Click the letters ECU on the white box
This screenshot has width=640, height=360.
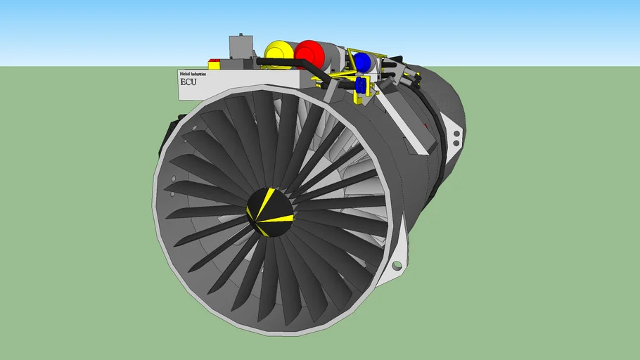189,82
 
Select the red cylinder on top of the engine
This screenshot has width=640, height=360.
308,53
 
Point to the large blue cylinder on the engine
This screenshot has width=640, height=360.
362,62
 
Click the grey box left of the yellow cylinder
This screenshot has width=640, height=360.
239,49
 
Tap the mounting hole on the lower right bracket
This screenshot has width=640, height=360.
397,266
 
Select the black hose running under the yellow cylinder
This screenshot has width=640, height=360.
281,64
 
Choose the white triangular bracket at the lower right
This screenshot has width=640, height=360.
395,250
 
